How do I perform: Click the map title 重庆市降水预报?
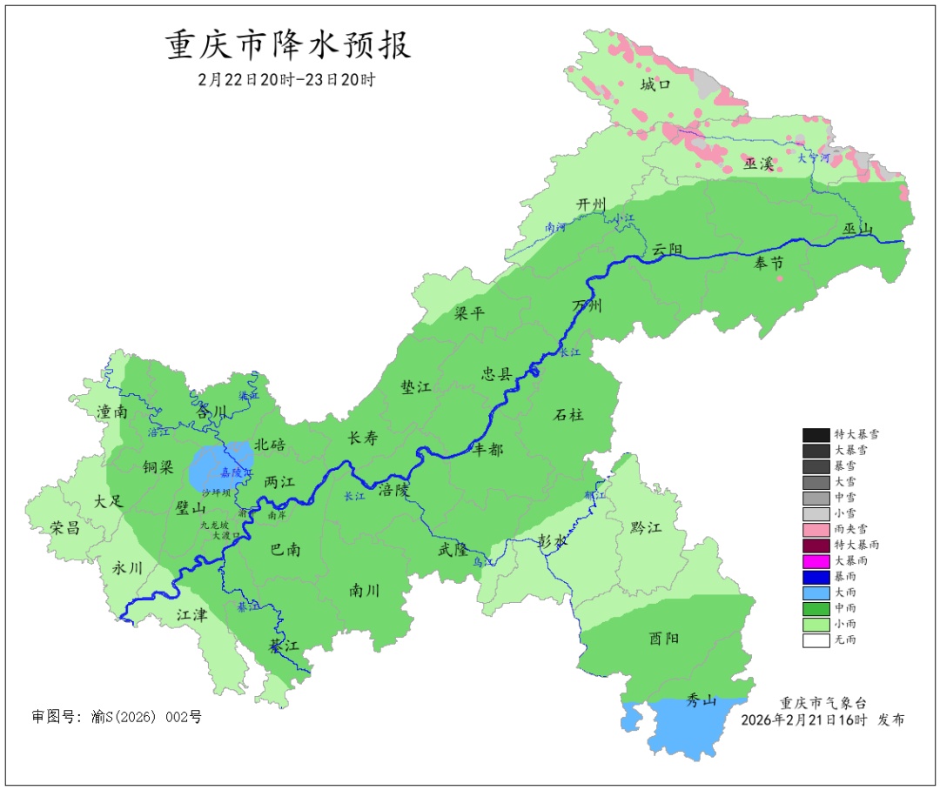click(x=288, y=45)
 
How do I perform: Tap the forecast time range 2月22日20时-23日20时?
click(x=286, y=79)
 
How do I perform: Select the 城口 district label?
click(x=655, y=84)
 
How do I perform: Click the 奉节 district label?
click(x=769, y=263)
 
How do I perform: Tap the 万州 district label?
click(x=587, y=306)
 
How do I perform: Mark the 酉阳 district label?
click(x=664, y=638)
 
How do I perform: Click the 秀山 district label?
click(x=701, y=700)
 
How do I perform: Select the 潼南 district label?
click(x=112, y=412)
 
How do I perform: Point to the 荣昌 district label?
click(x=64, y=527)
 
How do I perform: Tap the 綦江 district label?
click(x=284, y=646)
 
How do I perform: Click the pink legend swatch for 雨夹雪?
click(x=816, y=529)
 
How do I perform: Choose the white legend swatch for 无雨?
click(x=816, y=639)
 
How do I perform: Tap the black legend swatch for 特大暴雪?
click(x=816, y=434)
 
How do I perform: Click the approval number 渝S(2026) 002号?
click(x=117, y=717)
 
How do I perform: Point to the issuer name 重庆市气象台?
click(x=822, y=703)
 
